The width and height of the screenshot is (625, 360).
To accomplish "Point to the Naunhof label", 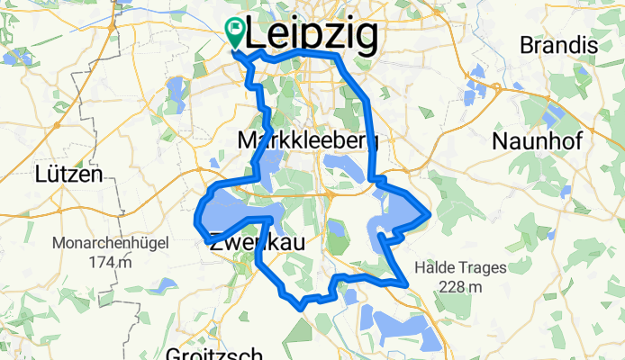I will [538, 140].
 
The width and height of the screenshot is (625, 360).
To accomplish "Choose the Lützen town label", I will [68, 174].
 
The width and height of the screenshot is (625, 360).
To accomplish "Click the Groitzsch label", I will [214, 353].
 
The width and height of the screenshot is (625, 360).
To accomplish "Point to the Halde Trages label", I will [460, 267].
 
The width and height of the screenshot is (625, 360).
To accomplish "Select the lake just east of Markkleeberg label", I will [344, 166].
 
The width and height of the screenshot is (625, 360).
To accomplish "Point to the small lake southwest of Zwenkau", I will [165, 285].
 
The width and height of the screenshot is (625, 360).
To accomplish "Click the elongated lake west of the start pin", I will [176, 90].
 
